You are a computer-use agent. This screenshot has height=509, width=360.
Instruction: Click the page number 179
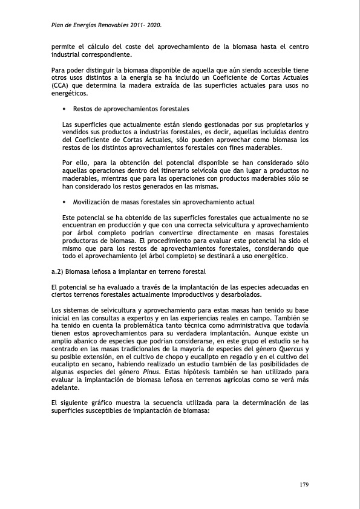pyautogui.click(x=306, y=485)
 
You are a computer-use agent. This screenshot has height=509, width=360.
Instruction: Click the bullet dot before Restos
pyautogui.click(x=64, y=109)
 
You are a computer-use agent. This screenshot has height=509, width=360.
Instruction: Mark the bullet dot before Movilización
pyautogui.click(x=64, y=201)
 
